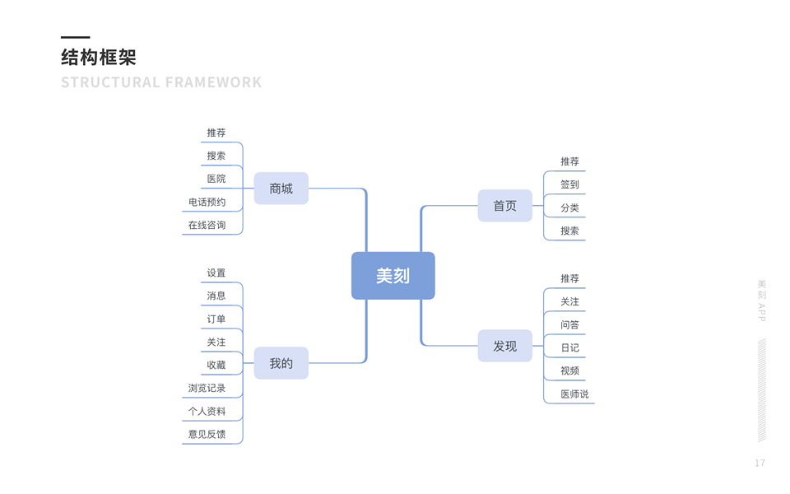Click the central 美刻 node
393,276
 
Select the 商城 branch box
281,189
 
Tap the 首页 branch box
504,206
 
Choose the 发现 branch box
504,346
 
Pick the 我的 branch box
281,363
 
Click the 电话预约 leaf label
207,202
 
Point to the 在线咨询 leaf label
207,225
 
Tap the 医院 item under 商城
216,179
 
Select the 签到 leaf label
569,184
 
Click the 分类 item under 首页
569,207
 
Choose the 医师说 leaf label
574,394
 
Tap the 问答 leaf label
569,324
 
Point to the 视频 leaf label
569,370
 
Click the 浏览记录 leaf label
207,388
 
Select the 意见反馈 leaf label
207,434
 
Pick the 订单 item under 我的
216,319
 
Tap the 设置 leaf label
216,273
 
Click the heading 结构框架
99,58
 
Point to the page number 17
760,464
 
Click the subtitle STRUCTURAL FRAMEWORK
161,82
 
